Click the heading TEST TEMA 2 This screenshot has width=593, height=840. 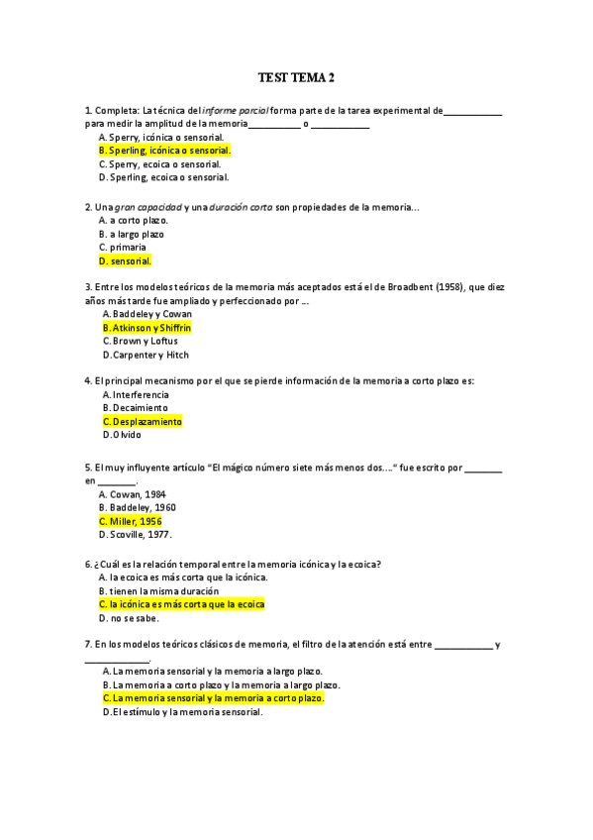[296, 76]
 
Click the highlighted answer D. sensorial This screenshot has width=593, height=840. [125, 262]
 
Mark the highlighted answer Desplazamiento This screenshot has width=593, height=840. [143, 421]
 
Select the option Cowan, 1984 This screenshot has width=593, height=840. [133, 493]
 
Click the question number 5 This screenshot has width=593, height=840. [89, 468]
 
